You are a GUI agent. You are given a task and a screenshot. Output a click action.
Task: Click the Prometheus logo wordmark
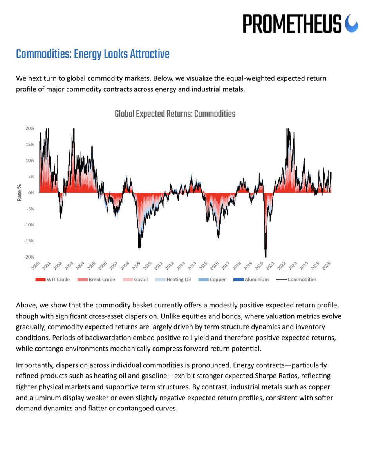pyautogui.click(x=292, y=23)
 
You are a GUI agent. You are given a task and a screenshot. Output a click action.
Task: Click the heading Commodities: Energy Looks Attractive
pyautogui.click(x=93, y=54)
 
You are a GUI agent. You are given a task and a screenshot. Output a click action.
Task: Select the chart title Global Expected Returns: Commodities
pyautogui.click(x=175, y=114)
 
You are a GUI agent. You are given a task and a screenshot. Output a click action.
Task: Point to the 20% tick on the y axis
pyautogui.click(x=30, y=128)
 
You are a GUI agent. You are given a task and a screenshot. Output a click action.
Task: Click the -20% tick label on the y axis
pyautogui.click(x=29, y=257)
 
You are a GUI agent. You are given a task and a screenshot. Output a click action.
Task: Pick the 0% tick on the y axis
pyautogui.click(x=31, y=193)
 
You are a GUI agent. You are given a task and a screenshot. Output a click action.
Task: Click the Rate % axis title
pyautogui.click(x=19, y=193)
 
